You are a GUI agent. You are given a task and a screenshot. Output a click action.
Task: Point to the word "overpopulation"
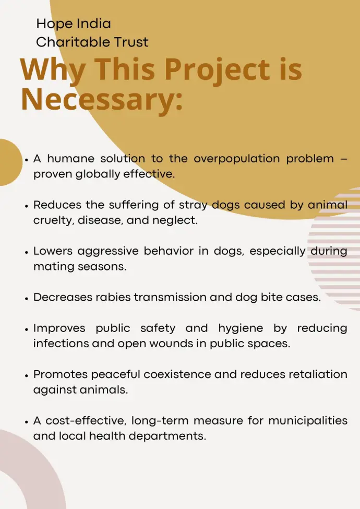pos(237,159)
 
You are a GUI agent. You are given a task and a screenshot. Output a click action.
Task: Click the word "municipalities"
pos(308,421)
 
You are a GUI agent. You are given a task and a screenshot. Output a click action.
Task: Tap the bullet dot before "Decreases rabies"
pos(26,298)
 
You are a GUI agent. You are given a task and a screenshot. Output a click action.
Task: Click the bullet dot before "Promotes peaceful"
pos(26,375)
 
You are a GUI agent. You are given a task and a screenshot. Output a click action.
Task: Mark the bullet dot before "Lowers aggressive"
pos(26,252)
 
